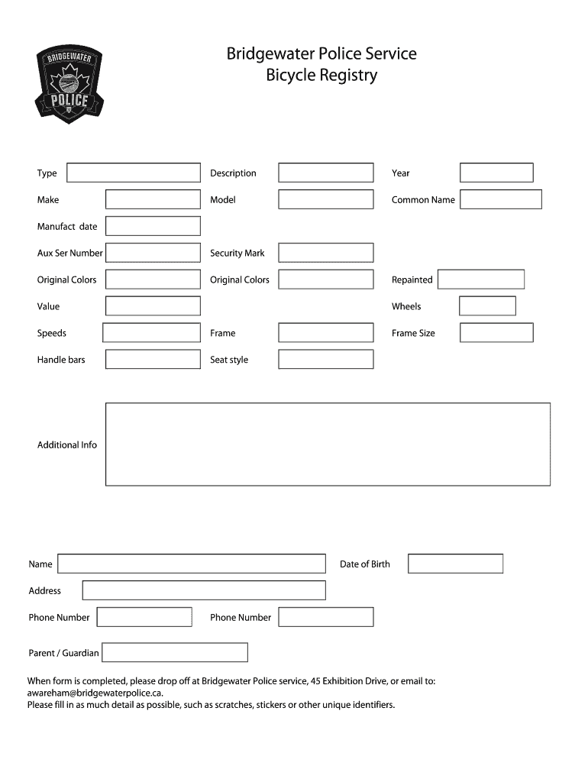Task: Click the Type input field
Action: (134, 173)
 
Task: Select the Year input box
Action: (496, 173)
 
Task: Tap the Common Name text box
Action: (501, 199)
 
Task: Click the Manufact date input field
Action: (153, 226)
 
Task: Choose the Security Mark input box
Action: (326, 253)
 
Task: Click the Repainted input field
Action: (481, 280)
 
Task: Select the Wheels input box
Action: (487, 306)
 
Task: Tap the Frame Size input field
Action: (496, 333)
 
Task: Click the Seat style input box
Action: (326, 360)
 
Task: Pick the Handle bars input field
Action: (153, 360)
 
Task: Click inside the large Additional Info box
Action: (328, 444)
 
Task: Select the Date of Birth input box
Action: (456, 564)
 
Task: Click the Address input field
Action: (204, 590)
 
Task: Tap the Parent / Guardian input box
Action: (175, 653)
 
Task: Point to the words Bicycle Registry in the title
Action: (321, 76)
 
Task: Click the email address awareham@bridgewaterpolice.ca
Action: (95, 693)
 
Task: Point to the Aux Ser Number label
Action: (69, 253)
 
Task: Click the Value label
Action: (48, 306)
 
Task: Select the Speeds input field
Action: (151, 333)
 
